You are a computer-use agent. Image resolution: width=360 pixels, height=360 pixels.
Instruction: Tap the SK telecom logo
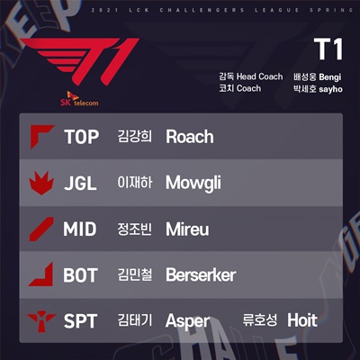79,99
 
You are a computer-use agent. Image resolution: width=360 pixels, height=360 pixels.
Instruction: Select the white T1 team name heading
328,49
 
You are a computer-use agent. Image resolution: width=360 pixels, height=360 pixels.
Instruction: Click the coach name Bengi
330,77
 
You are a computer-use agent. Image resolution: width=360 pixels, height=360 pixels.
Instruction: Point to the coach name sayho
330,89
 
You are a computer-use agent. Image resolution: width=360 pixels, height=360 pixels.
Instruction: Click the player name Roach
190,137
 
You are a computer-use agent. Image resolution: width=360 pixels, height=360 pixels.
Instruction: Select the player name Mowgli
193,183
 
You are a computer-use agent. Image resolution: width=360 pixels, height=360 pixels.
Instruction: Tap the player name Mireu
187,229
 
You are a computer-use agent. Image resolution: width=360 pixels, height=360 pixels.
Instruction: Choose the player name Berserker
201,275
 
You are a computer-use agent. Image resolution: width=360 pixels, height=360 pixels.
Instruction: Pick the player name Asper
188,321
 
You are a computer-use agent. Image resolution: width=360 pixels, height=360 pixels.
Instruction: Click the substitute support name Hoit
302,320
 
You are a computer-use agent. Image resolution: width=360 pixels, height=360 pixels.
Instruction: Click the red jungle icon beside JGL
41,183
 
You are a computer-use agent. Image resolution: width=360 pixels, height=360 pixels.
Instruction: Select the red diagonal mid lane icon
41,229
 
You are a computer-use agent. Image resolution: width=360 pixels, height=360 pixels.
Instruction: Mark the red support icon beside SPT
41,321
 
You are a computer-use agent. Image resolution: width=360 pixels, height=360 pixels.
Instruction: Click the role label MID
80,229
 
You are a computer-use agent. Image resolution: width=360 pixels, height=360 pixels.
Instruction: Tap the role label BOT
80,275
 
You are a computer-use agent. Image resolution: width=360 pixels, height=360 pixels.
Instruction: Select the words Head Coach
259,76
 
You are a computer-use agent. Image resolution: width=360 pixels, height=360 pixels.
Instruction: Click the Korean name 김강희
135,137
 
